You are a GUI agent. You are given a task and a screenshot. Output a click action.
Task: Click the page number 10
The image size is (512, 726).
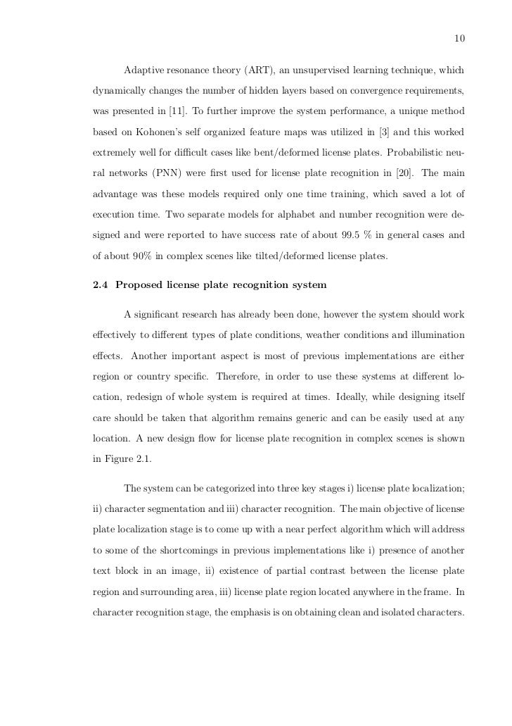click(461, 37)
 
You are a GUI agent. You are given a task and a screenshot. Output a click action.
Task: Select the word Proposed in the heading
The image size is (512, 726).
click(139, 284)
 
